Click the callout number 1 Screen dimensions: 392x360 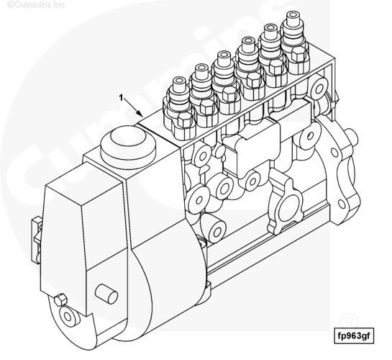[x=122, y=98]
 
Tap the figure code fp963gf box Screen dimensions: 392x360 [x=354, y=336]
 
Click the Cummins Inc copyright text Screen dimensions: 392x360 [x=36, y=4]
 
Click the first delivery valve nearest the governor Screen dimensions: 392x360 [x=179, y=107]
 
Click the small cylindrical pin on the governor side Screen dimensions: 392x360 [x=106, y=294]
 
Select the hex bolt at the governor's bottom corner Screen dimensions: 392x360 [x=60, y=300]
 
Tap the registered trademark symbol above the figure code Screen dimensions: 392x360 [x=350, y=320]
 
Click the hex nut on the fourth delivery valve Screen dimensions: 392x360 [x=253, y=79]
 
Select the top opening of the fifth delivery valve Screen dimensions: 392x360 [x=270, y=27]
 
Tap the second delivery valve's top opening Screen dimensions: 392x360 [x=201, y=68]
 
